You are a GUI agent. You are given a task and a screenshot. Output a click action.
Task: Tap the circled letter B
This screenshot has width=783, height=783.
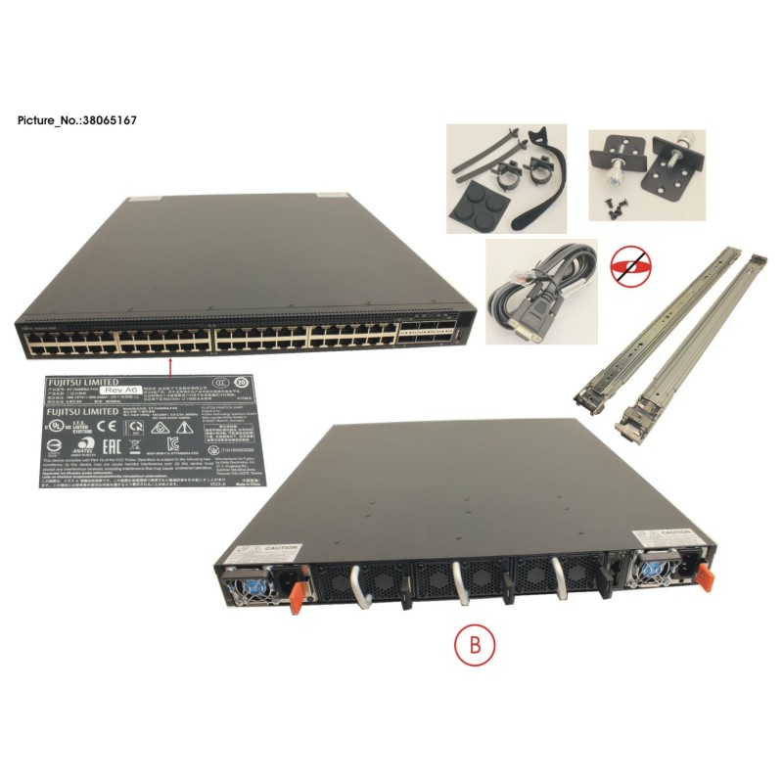coord(476,645)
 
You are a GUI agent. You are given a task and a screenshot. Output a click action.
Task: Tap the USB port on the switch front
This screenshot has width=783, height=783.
coord(456,340)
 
